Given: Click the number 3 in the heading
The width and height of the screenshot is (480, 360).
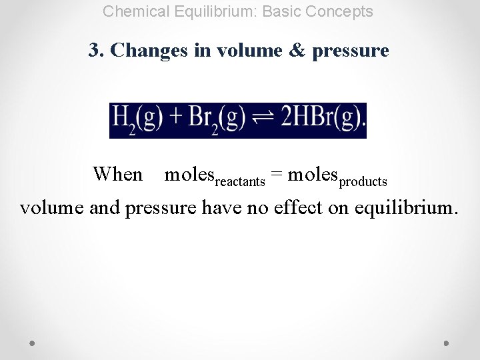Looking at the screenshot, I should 94,50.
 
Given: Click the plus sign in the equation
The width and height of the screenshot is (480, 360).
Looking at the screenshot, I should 175,119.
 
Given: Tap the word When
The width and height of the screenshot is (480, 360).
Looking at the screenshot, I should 118,174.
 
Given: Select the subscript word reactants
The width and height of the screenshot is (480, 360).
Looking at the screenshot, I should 240,181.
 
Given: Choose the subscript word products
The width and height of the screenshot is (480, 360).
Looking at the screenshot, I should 363,181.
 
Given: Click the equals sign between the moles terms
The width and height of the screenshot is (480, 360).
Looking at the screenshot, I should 277,175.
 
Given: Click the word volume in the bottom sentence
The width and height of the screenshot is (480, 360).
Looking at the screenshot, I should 51,208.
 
